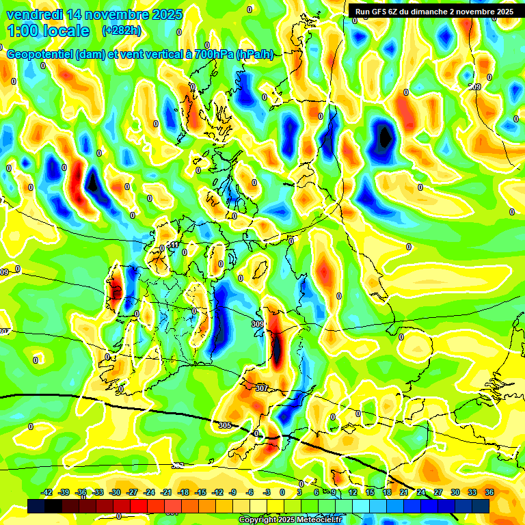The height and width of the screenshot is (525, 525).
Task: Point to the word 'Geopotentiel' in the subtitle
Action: pyautogui.click(x=40, y=55)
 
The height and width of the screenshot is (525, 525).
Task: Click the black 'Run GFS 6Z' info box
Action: pyautogui.click(x=434, y=12)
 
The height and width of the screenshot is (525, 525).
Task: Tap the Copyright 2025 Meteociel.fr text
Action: pyautogui.click(x=291, y=520)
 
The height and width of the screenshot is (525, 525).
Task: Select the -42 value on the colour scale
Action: pyautogui.click(x=47, y=492)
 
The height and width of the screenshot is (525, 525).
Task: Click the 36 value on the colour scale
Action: pyautogui.click(x=489, y=492)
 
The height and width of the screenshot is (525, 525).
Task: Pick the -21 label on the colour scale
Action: pyautogui.click(x=166, y=492)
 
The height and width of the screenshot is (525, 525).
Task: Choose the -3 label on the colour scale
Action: pyautogui.click(x=267, y=492)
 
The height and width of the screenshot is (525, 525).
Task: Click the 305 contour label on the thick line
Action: pyautogui.click(x=225, y=425)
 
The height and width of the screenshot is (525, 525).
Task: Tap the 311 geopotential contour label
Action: pyautogui.click(x=174, y=245)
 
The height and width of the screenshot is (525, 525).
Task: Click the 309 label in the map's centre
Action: pyautogui.click(x=258, y=324)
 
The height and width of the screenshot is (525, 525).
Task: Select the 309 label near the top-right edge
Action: pyautogui.click(x=474, y=87)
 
